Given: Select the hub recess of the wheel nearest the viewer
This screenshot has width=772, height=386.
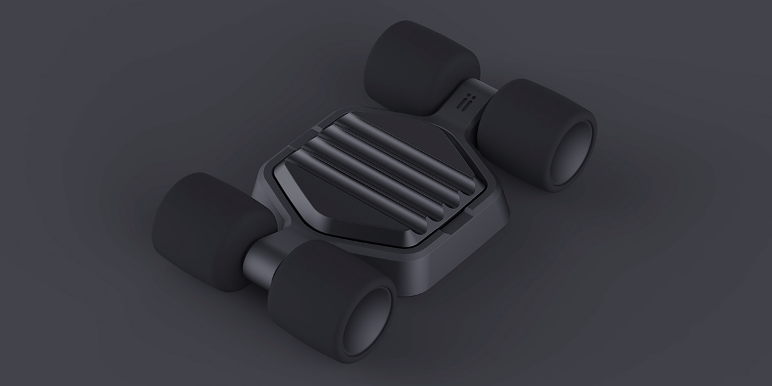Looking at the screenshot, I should click(365, 320).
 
